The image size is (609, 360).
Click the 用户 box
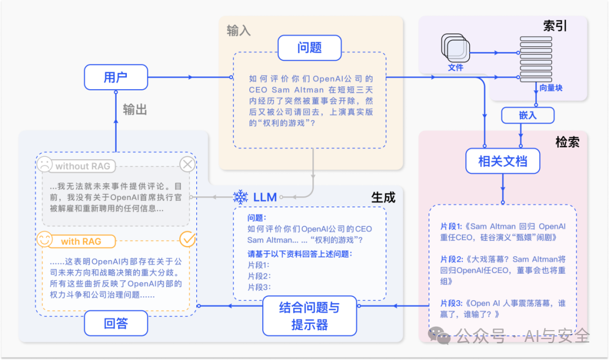[116, 77]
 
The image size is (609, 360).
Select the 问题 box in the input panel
[309, 48]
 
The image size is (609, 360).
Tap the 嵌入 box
[528, 115]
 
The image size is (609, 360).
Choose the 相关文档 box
[502, 161]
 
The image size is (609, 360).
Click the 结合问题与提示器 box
[309, 315]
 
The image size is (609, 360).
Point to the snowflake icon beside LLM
[241, 197]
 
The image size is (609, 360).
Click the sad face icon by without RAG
[44, 165]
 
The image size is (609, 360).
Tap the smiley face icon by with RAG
[45, 239]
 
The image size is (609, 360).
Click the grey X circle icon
[187, 165]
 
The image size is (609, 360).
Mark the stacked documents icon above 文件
[454, 49]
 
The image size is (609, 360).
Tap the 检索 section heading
[567, 142]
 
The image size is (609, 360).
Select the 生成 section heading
[383, 197]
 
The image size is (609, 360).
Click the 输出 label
[135, 109]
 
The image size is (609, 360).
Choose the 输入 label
[239, 30]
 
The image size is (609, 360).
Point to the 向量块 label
[550, 88]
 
